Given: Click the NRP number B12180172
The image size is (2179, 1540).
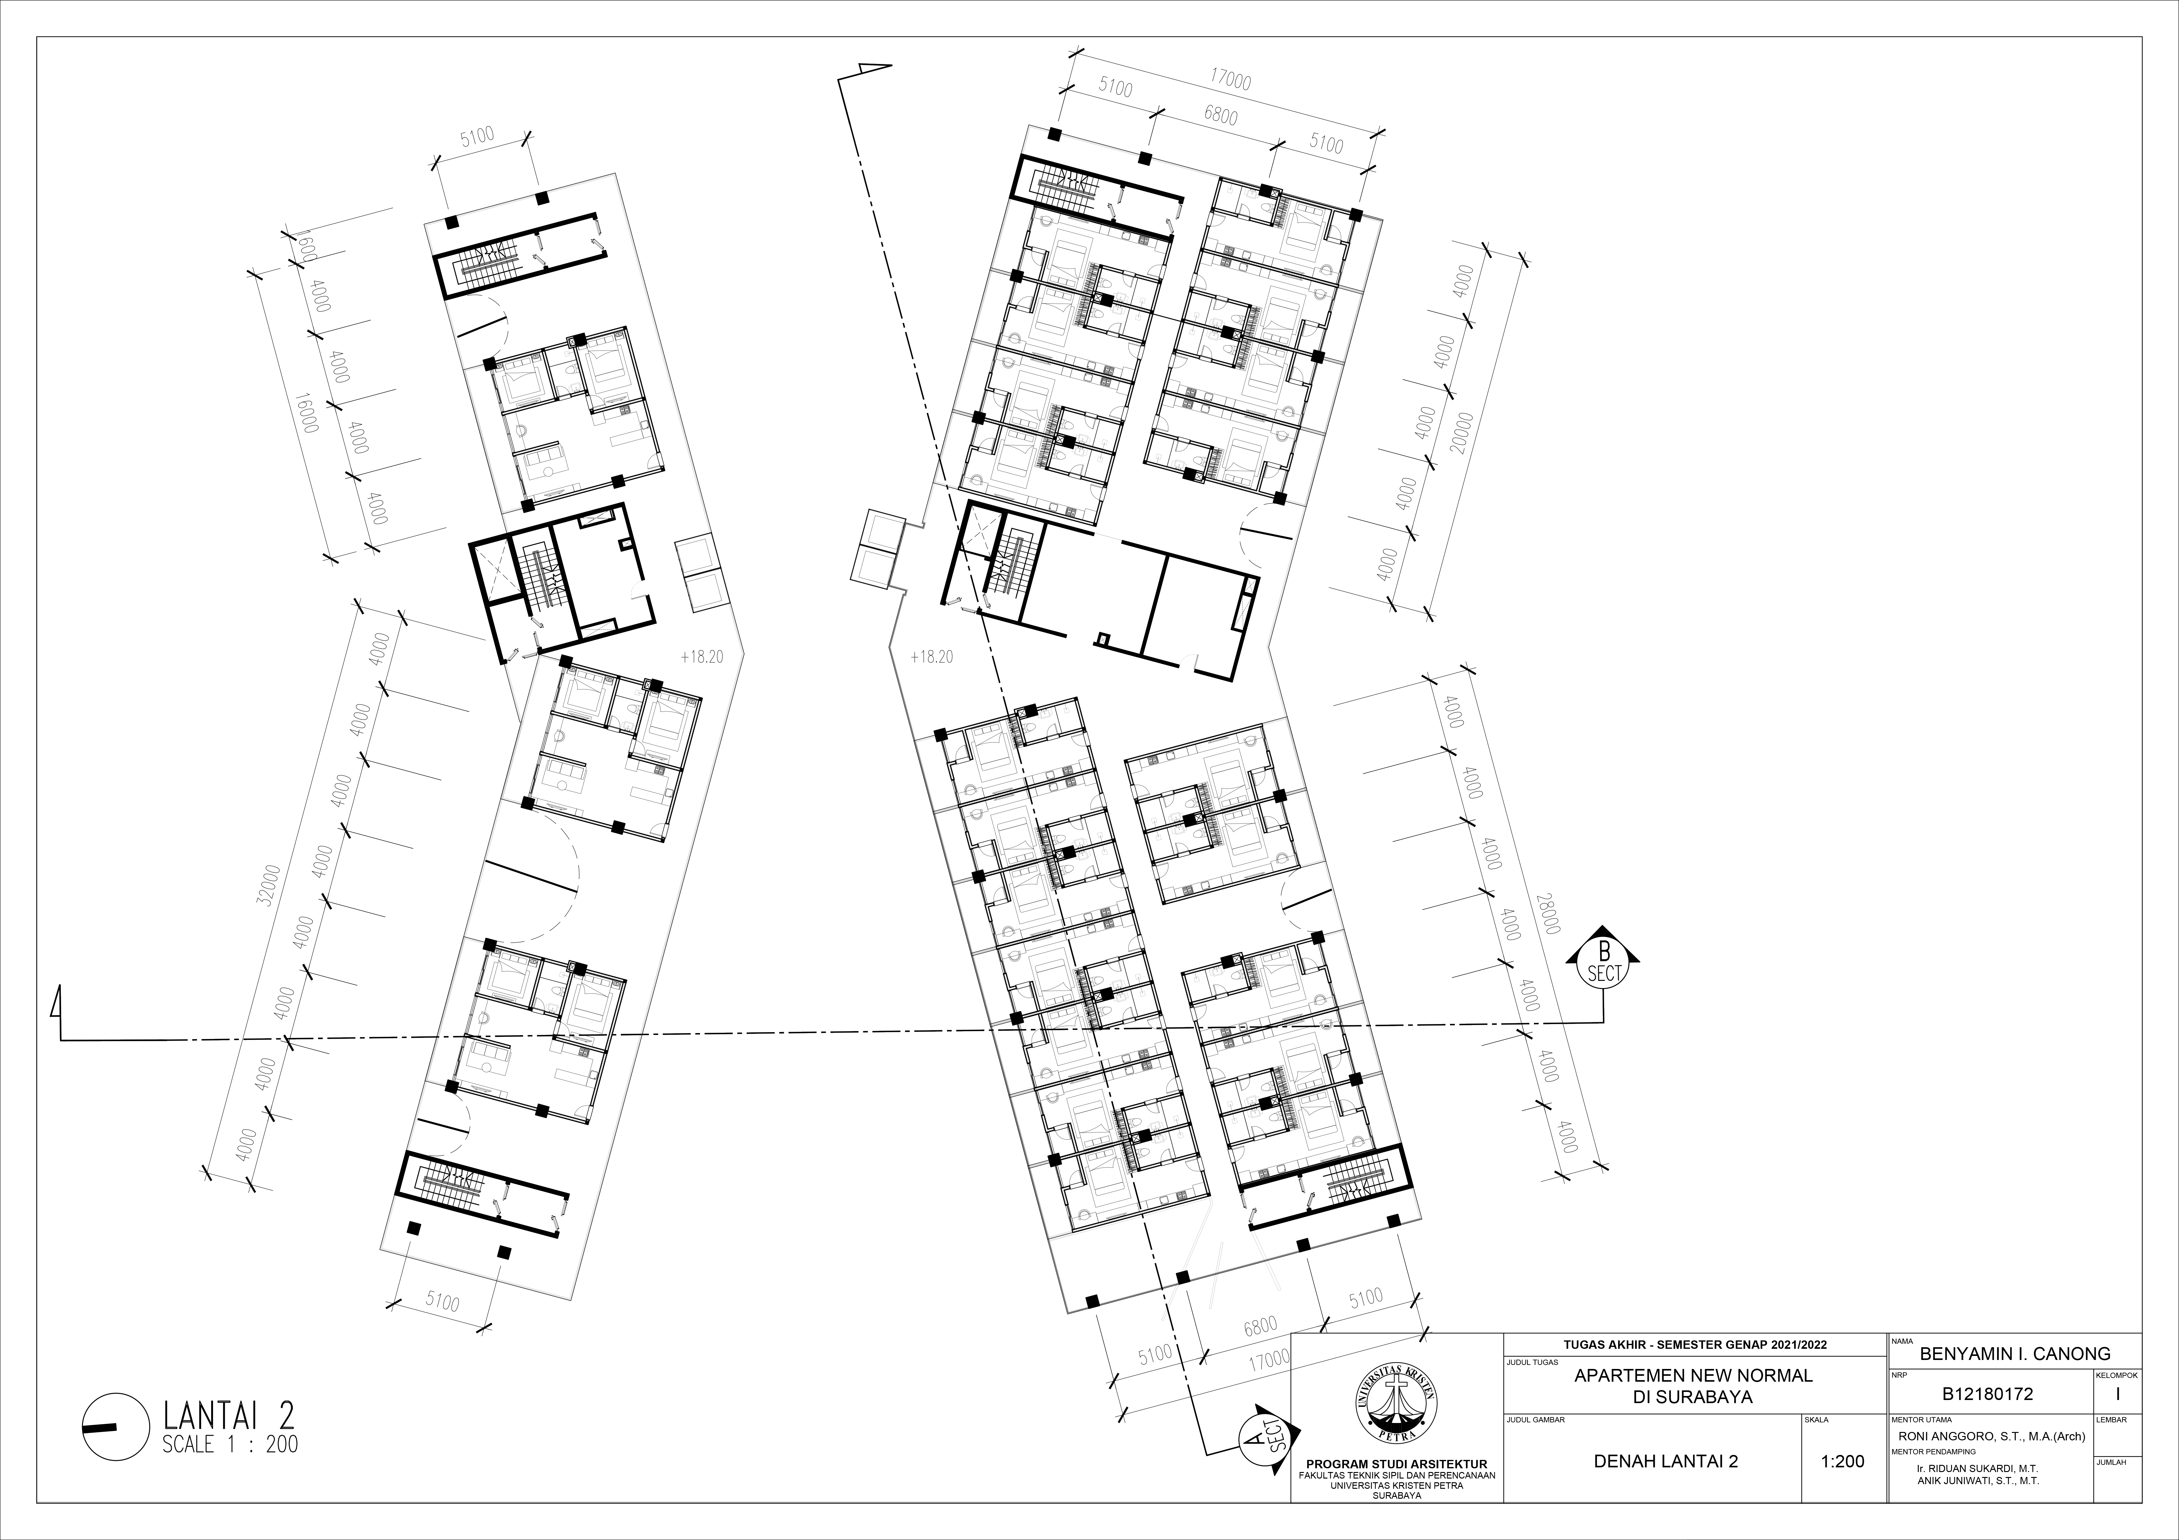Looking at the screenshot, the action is point(1987,1394).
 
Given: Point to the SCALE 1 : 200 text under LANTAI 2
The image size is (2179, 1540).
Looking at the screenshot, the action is point(230,1445).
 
